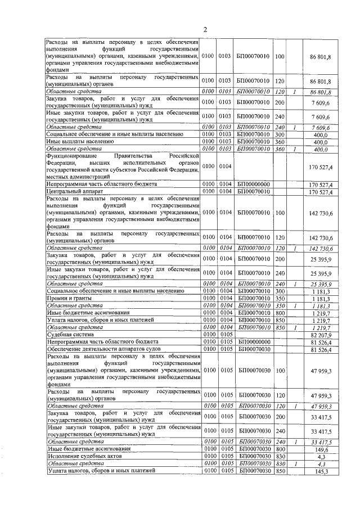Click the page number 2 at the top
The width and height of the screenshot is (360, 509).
(205, 29)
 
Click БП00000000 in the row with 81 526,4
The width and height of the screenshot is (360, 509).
(254, 342)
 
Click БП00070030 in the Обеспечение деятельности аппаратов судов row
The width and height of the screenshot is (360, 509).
(254, 349)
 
